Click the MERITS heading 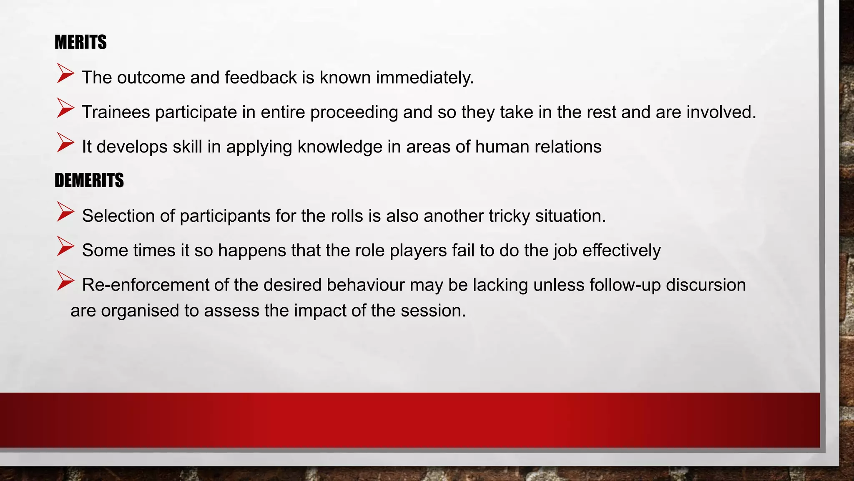(x=80, y=42)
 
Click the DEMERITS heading (x=89, y=180)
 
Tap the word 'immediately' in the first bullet (x=424, y=78)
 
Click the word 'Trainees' (x=116, y=112)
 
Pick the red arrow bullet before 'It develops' (x=65, y=143)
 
